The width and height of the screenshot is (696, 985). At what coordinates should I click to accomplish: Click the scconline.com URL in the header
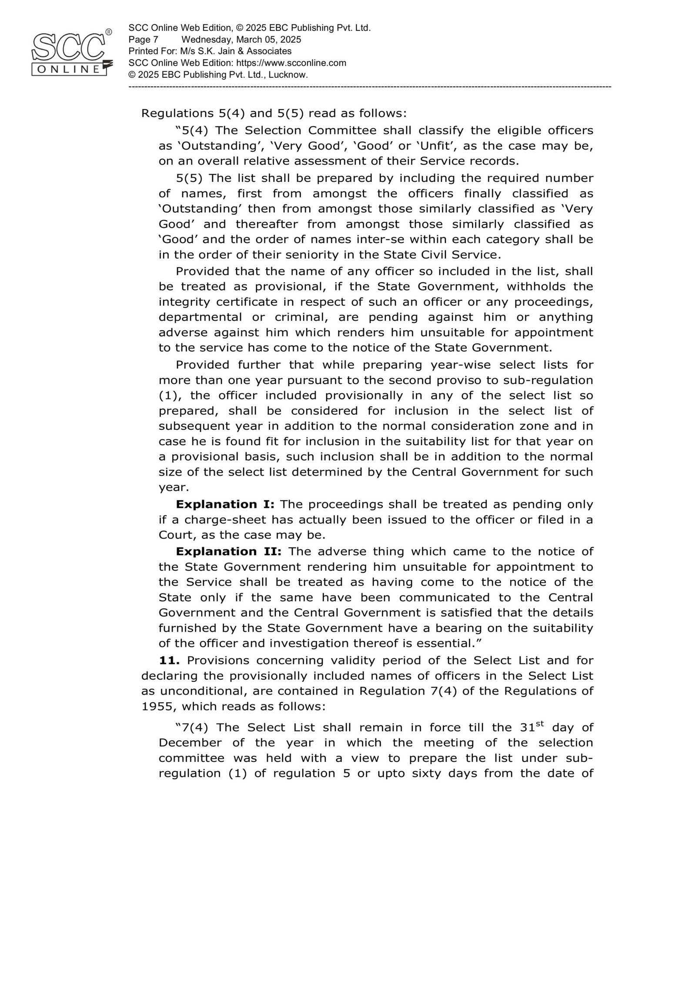[x=291, y=63]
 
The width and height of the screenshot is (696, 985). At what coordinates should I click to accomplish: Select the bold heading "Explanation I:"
[x=225, y=504]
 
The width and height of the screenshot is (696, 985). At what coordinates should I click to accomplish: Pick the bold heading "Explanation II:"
[x=228, y=551]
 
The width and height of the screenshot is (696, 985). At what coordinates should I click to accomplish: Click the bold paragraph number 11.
[x=169, y=660]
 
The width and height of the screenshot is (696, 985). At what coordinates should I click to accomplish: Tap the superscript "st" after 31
[x=541, y=723]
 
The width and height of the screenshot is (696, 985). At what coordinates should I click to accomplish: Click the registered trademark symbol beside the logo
[x=109, y=32]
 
